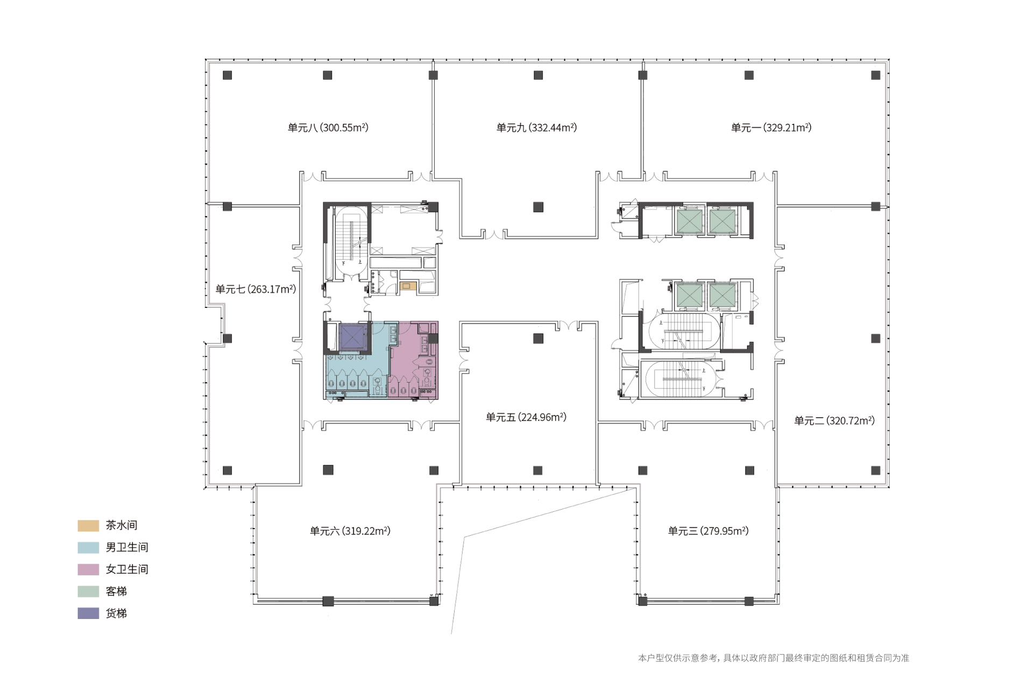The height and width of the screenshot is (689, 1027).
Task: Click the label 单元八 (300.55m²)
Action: (328, 128)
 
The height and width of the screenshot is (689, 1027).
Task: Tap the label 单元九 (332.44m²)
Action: (536, 128)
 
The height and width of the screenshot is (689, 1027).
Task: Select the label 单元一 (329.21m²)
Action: (771, 128)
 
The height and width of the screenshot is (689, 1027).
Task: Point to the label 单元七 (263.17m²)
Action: (256, 289)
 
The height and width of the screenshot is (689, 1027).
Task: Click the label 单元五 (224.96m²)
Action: (526, 417)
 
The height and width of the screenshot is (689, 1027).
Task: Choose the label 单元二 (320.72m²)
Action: (834, 420)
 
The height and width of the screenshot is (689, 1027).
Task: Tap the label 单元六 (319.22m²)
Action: (350, 531)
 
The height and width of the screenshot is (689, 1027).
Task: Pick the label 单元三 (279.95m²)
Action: (708, 531)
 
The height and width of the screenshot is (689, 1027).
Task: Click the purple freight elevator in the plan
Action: (353, 338)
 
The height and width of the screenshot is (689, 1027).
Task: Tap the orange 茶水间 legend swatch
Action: (88, 525)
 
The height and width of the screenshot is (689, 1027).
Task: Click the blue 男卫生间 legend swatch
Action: (88, 547)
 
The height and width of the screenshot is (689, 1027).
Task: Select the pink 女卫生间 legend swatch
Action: (88, 570)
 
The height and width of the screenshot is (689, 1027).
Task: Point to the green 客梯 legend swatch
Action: (88, 592)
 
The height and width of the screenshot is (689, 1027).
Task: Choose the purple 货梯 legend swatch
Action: (88, 613)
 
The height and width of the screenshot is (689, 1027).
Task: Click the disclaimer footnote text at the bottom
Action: (773, 658)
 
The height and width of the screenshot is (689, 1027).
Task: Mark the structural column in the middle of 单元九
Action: (538, 207)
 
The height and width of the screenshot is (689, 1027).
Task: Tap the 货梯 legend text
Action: (116, 613)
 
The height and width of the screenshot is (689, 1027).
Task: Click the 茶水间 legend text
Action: (122, 525)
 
